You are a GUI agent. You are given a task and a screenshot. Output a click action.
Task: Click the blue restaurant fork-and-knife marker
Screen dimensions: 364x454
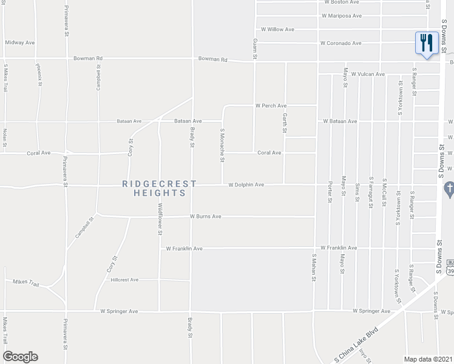point(427,43)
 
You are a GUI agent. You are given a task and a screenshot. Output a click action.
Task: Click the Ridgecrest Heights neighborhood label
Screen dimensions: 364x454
point(160,188)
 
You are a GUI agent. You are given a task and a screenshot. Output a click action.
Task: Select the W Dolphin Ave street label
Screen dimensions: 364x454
point(246,184)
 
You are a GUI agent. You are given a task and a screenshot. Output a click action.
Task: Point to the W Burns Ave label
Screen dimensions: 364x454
point(205,216)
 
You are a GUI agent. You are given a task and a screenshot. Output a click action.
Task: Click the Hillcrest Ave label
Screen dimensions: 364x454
point(125,280)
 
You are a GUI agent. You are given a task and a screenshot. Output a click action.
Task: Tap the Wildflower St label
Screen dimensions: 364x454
point(160,219)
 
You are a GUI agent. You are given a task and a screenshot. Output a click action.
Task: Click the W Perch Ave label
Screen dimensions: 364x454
point(270,106)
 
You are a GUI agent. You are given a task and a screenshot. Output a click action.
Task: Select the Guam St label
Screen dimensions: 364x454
point(255,49)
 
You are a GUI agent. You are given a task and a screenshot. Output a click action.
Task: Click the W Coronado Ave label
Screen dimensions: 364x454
point(340,43)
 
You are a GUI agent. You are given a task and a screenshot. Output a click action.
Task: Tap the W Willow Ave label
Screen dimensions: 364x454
point(277,29)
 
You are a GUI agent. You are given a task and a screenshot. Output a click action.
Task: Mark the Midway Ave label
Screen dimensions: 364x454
point(20,43)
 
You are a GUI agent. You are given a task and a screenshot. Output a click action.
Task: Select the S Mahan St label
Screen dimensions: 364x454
point(314,268)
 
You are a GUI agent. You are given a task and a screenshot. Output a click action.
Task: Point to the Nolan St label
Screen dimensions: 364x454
point(4,138)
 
